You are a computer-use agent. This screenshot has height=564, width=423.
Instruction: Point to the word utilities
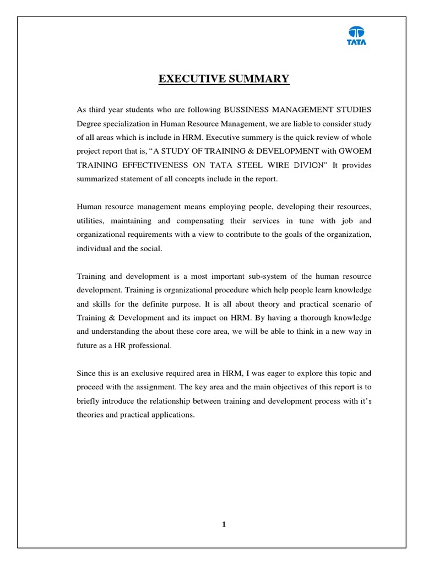pyautogui.click(x=90, y=221)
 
